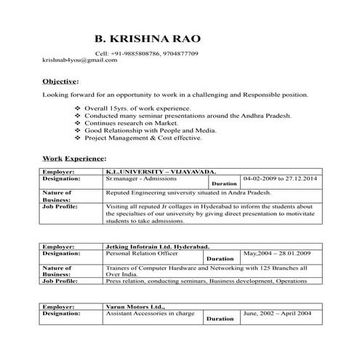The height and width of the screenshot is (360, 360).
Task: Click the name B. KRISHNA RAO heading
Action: (x=148, y=38)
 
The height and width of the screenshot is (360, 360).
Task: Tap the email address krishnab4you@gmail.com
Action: (x=80, y=60)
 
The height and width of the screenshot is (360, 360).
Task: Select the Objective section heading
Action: (x=60, y=81)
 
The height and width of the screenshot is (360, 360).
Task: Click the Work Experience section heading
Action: (x=74, y=157)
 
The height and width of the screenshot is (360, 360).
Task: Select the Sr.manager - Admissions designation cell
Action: (x=140, y=177)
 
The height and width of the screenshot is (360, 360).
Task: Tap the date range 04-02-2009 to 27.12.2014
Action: (x=280, y=177)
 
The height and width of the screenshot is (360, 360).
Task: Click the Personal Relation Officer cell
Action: (x=142, y=253)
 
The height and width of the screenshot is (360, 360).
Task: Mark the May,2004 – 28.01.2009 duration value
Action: (x=278, y=253)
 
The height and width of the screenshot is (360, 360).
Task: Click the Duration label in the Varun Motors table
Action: (x=220, y=319)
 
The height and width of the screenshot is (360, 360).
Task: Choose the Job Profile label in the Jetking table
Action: (x=63, y=280)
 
